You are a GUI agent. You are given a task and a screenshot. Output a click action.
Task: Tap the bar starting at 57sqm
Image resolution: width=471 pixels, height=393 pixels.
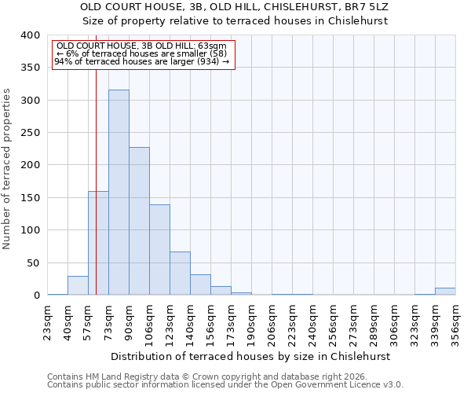tap(98, 243)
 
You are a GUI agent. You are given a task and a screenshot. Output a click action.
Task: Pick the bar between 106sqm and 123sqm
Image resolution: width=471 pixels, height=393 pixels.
tap(159, 250)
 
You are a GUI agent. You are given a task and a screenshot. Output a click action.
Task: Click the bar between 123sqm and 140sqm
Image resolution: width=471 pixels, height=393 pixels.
tap(180, 274)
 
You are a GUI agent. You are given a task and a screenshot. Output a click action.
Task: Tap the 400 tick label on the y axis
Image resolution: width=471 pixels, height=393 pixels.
tap(30, 35)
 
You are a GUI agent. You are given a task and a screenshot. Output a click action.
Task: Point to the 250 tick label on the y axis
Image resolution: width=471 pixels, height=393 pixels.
tap(30, 133)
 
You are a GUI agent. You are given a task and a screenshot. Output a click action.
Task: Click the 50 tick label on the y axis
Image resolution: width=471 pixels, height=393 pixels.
tap(33, 263)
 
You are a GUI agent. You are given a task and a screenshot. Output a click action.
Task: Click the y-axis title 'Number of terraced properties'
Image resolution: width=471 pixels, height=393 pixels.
tap(7, 169)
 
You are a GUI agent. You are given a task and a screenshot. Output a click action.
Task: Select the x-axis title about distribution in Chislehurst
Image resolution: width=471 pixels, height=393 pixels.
tap(250, 356)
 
